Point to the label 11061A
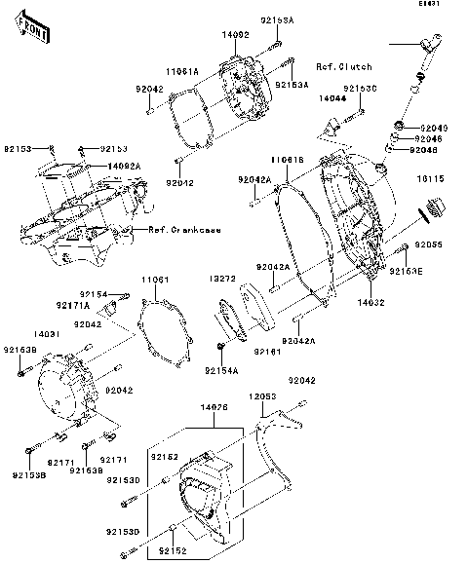click(x=181, y=71)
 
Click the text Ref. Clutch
click(x=343, y=66)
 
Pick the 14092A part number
click(x=124, y=166)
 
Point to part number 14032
click(x=384, y=305)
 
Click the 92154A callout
click(x=221, y=371)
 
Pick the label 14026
click(x=214, y=407)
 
